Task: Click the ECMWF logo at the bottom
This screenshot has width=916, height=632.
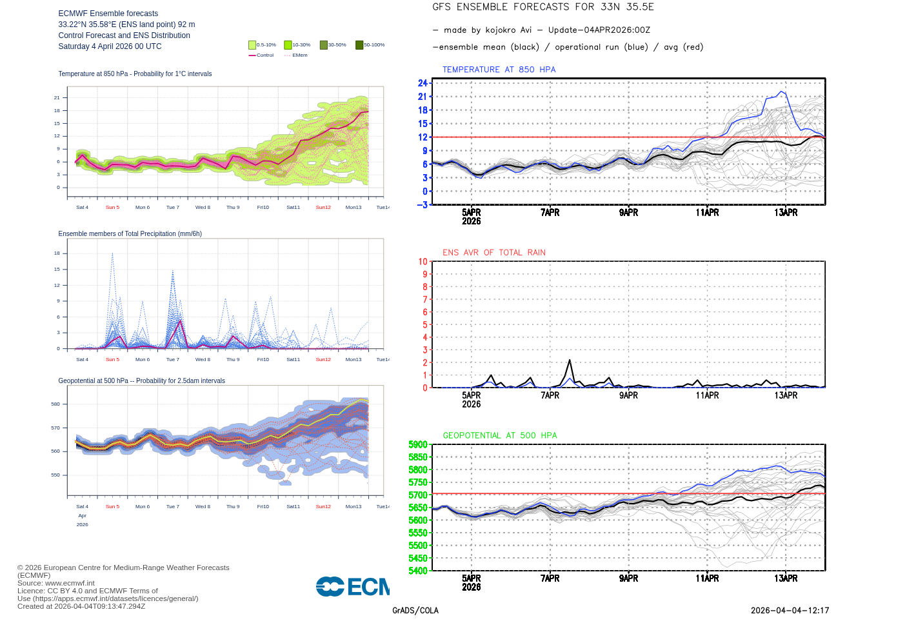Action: [x=352, y=586]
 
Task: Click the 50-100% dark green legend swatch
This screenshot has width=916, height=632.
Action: [x=359, y=45]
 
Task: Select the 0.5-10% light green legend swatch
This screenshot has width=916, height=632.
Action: [x=252, y=45]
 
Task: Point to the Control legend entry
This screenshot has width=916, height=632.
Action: [x=261, y=55]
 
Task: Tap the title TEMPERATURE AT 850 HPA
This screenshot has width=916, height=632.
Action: [x=499, y=70]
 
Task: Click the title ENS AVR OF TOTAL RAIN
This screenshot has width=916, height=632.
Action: [x=494, y=253]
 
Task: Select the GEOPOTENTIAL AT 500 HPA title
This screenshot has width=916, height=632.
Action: [x=500, y=436]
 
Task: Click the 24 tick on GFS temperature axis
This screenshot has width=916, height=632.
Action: [x=423, y=83]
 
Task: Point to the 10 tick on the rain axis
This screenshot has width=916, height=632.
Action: [x=423, y=262]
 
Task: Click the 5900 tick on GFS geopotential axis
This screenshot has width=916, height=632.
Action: [x=418, y=444]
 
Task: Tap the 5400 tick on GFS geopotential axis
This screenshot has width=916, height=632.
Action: [x=418, y=571]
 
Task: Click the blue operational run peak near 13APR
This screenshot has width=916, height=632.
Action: [x=783, y=92]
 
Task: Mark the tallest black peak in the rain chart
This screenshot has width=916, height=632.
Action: [x=570, y=360]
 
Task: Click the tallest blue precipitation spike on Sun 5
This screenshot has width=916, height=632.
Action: [x=112, y=253]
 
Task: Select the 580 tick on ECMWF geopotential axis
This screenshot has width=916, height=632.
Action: [x=55, y=404]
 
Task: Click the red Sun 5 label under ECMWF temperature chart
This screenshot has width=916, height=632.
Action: [x=112, y=208]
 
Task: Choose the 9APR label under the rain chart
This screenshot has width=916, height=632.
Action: [x=628, y=395]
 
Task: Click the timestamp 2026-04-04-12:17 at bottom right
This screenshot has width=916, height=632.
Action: [x=790, y=611]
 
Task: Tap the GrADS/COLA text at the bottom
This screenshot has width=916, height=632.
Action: [x=415, y=611]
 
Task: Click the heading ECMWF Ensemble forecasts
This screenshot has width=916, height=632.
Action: [x=108, y=14]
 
